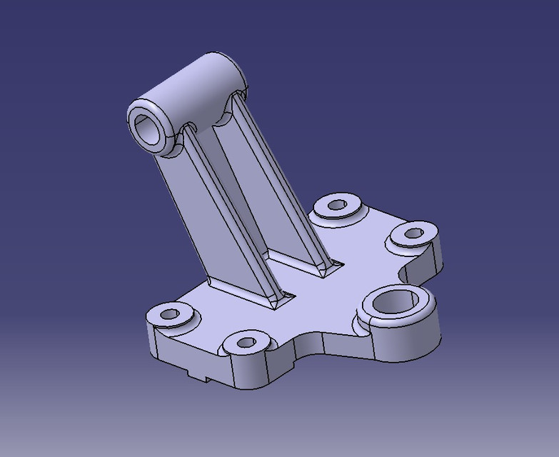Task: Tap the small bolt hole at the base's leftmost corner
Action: (x=169, y=313)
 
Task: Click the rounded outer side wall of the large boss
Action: (x=418, y=339)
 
